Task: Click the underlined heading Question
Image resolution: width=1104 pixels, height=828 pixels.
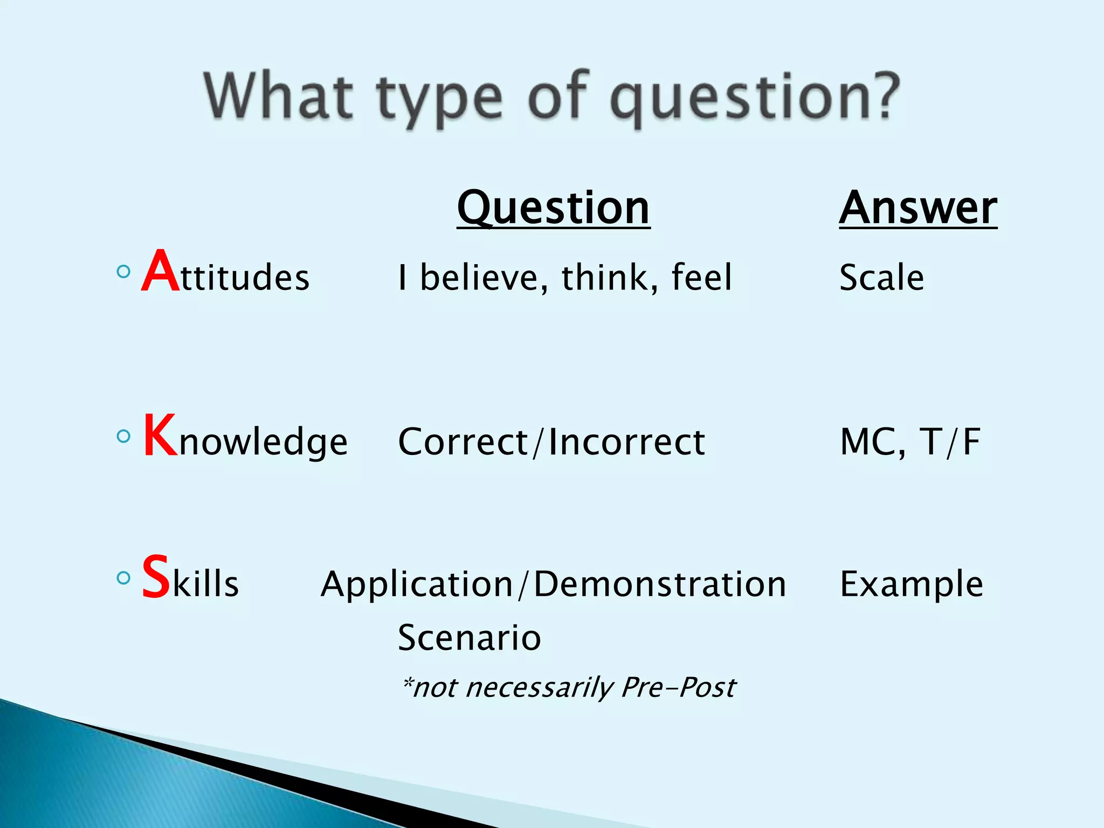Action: pos(553,209)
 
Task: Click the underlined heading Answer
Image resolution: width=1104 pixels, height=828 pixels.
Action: pos(918,209)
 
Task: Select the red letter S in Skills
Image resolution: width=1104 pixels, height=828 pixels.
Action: pos(156,577)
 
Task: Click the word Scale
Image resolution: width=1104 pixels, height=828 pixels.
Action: pos(882,278)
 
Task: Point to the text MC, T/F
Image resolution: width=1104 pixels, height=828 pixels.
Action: pos(910,442)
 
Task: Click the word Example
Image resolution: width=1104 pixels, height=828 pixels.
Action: pos(912,584)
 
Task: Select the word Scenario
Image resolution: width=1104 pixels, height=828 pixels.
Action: pos(469,638)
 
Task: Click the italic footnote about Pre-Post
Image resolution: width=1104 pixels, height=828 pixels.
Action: pos(569,687)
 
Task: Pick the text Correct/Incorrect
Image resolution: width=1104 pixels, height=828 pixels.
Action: pos(551,442)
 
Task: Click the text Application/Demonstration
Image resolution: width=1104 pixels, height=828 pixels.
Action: pos(553,584)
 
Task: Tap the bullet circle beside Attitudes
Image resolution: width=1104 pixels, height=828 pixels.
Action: pos(123,271)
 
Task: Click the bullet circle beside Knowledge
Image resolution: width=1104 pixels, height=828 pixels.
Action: pos(123,436)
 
